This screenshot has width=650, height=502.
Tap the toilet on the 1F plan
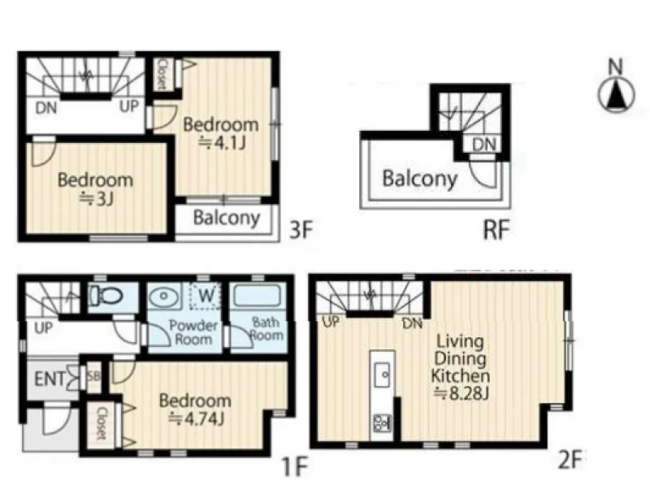106,296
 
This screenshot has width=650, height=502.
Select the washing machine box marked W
206,296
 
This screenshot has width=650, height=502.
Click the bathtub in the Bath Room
258,296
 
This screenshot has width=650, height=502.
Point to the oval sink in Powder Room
164,296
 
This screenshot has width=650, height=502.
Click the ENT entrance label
50,379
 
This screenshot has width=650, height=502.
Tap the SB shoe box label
93,376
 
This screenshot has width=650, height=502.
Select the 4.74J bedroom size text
197,419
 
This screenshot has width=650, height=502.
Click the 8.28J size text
461,393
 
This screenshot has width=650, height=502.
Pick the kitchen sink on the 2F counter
382,374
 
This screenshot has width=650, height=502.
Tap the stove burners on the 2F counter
382,423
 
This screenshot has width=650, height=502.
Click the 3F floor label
301,230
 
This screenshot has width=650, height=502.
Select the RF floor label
496,230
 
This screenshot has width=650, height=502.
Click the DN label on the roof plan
483,145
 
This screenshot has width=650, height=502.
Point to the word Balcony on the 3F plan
227,218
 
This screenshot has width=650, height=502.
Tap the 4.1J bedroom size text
223,143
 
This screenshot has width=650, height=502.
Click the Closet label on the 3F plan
162,74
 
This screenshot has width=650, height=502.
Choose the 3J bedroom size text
96,199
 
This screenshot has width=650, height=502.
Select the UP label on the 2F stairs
331,321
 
